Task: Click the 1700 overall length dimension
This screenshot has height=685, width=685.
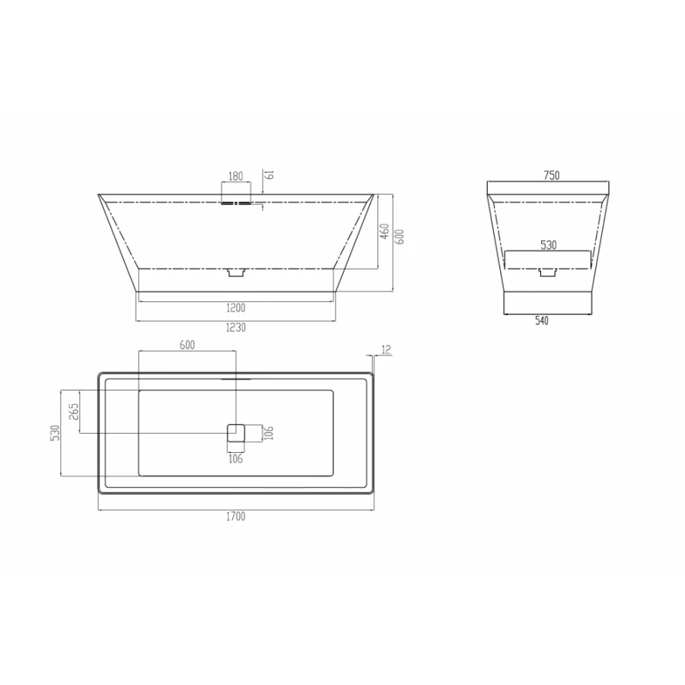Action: coord(236,517)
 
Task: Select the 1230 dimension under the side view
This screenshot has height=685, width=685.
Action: coord(236,327)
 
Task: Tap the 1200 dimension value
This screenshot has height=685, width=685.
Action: coord(236,307)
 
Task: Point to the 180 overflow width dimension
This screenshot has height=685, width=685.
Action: coord(236,176)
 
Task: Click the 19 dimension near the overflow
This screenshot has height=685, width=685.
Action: coord(268,175)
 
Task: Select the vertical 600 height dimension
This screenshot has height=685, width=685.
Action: coord(397,237)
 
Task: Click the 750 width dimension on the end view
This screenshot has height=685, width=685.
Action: coord(551,175)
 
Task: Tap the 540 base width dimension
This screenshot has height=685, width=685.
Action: coord(541,321)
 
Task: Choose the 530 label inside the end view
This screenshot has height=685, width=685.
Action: coord(548,245)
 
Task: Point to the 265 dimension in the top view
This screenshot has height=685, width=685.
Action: coord(73,412)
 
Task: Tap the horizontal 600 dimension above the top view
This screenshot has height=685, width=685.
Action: coord(187,345)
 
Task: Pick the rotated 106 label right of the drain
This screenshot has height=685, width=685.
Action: coord(269,434)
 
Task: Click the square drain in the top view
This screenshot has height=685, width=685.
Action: coord(235,433)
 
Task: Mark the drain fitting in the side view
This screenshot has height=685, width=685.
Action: coord(236,272)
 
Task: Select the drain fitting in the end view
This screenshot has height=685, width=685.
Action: coord(547,272)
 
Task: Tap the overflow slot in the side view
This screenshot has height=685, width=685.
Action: coord(236,202)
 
